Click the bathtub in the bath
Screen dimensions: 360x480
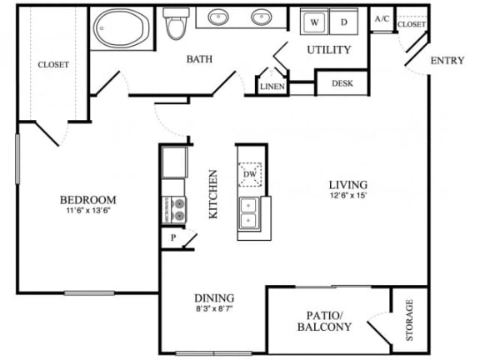point(122,28)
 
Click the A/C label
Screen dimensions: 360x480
point(382,18)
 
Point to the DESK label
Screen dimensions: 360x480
point(342,83)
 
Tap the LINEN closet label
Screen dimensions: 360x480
point(272,87)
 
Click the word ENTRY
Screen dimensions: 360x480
point(447,62)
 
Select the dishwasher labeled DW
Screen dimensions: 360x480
point(250,174)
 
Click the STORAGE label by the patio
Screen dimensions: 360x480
point(409,321)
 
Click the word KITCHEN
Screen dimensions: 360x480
point(212,194)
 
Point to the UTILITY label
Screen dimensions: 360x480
point(329,50)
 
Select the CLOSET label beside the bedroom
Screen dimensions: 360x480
point(52,64)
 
